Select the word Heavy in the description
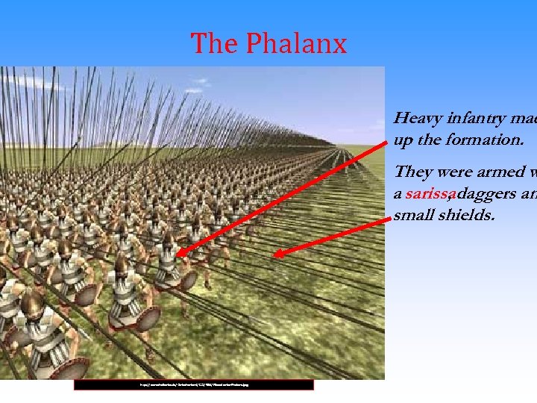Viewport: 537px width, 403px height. (418, 118)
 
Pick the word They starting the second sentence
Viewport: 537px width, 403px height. (415, 172)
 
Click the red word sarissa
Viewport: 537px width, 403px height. (430, 195)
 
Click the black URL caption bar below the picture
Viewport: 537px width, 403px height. (194, 385)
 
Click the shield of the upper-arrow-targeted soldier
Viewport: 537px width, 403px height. (187, 279)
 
